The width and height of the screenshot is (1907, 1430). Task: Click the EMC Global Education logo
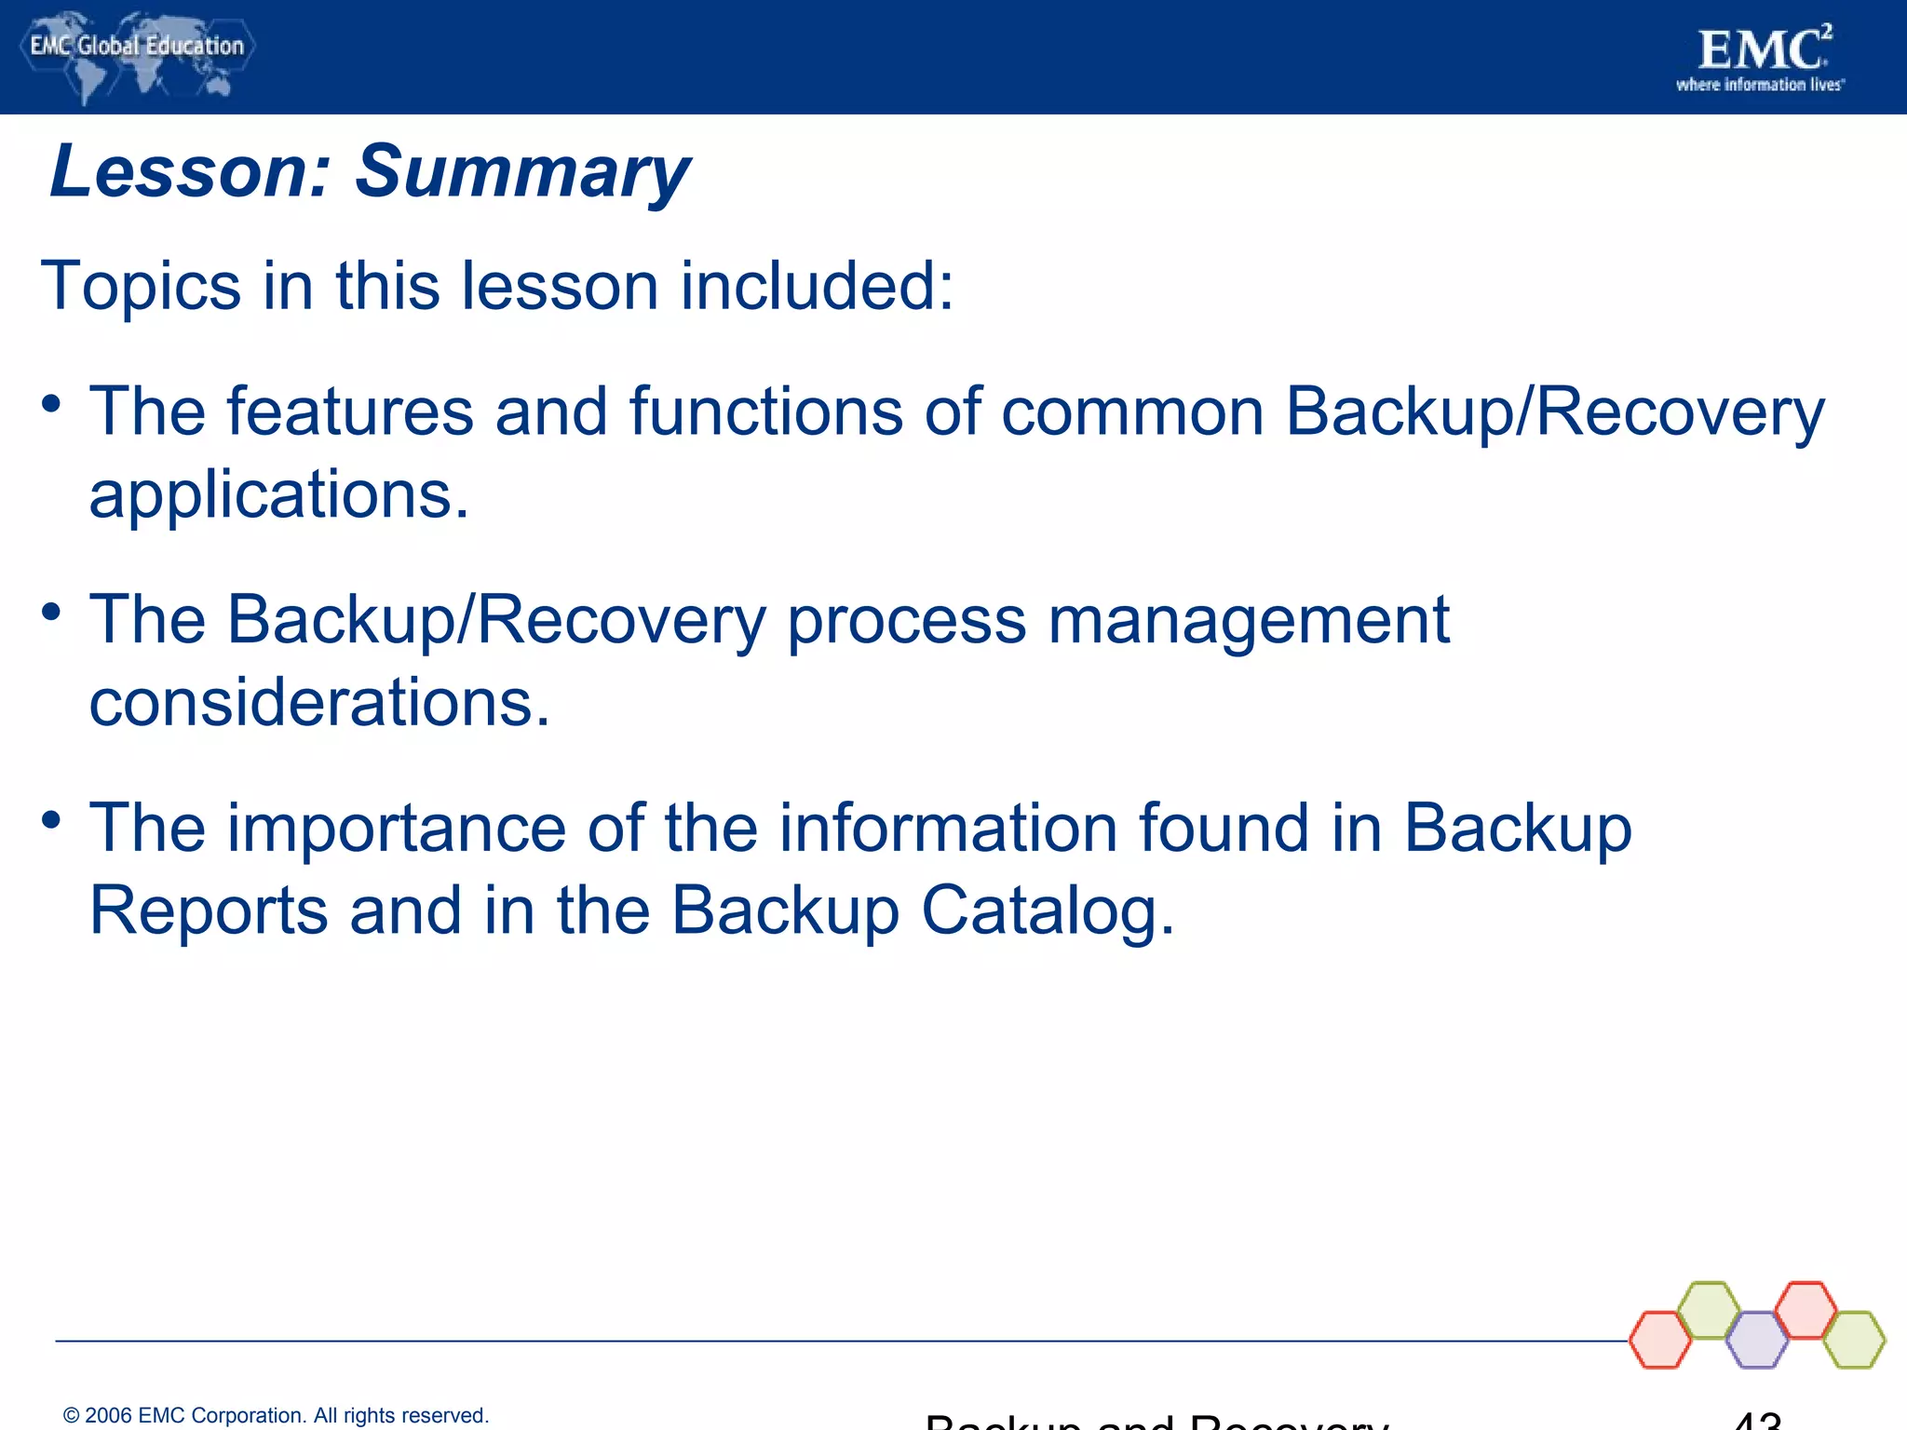point(136,56)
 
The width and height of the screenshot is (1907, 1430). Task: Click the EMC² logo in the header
point(1764,50)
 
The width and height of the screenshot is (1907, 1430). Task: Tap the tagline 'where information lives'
point(1759,85)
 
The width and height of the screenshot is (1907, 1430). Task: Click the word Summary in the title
point(521,172)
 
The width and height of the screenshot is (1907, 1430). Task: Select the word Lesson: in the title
point(190,172)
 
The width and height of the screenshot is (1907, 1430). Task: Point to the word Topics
point(141,285)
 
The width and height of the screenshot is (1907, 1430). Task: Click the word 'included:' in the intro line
point(817,285)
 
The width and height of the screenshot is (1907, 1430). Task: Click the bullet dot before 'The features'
point(51,404)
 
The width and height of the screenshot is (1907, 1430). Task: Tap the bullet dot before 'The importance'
point(51,820)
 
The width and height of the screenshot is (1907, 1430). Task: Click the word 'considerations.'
point(319,703)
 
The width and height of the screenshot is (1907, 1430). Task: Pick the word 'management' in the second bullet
point(1248,620)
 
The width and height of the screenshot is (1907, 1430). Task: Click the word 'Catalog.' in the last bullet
point(1048,911)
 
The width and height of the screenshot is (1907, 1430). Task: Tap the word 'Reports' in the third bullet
point(209,911)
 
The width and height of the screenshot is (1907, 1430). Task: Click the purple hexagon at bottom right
point(1757,1340)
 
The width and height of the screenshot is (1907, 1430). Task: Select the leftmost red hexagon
point(1660,1340)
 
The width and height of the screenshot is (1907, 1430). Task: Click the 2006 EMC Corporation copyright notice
point(276,1415)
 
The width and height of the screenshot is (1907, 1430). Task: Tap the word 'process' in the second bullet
point(906,622)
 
